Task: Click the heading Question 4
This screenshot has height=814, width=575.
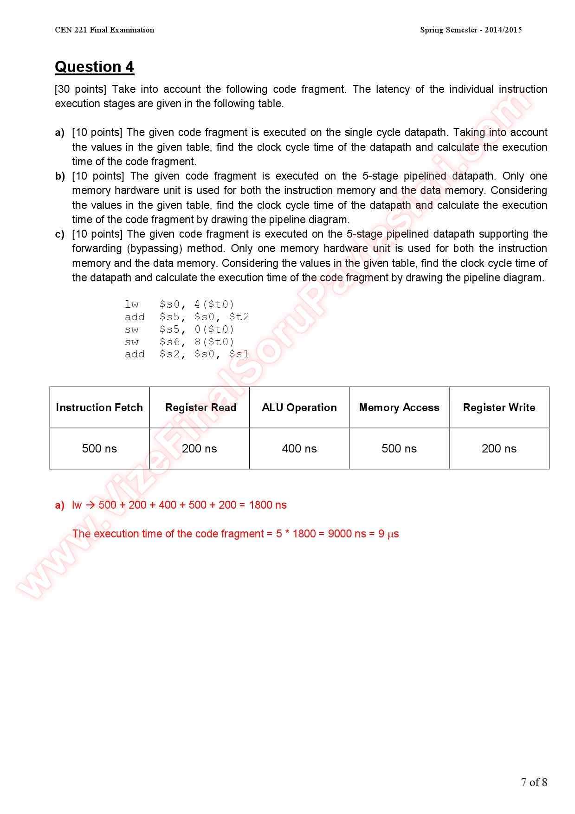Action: pos(94,67)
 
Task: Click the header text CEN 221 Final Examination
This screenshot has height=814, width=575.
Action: pos(104,30)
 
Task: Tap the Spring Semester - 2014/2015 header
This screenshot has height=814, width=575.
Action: pos(471,30)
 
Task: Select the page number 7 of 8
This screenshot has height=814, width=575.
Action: pos(534,782)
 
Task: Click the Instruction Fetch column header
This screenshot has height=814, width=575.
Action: pos(99,407)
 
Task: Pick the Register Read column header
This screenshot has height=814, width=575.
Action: pos(200,407)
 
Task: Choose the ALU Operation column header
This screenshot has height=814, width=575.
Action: pos(299,407)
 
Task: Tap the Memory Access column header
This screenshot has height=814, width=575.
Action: pos(399,407)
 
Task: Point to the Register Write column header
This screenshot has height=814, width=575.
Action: pos(499,407)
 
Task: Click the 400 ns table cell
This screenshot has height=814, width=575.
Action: pos(299,449)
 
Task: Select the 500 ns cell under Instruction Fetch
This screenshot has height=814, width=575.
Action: pos(99,449)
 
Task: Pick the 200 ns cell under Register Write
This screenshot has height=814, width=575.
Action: pos(499,449)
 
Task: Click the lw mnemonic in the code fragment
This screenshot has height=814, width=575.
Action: pos(132,304)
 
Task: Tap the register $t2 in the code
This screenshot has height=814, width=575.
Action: pos(239,317)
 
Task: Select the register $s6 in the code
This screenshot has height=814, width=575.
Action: pos(169,342)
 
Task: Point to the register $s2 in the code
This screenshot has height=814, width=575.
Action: pos(169,355)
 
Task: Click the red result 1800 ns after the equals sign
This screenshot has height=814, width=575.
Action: pos(268,505)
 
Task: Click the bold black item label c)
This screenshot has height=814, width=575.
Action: pos(59,234)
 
